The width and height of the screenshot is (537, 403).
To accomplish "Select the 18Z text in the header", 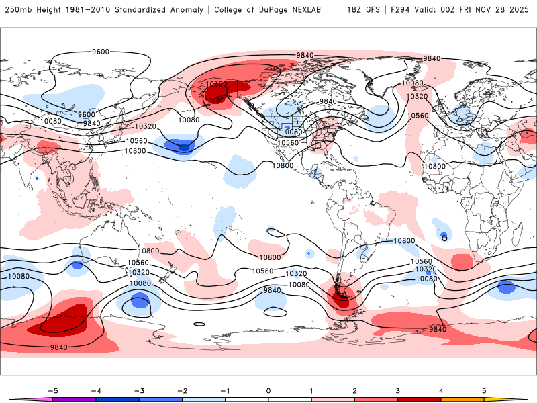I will (355, 10).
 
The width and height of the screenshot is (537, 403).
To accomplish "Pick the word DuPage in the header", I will (279, 10).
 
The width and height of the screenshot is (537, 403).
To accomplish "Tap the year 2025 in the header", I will (519, 10).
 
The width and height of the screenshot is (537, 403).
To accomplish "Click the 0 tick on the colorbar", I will (268, 390).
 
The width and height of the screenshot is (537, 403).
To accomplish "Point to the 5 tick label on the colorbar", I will (484, 390).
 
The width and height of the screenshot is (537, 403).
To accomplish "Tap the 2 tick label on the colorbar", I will (354, 390).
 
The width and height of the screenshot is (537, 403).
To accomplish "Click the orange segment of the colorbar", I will (462, 399).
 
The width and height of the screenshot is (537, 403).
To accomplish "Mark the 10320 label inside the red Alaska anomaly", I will (217, 84).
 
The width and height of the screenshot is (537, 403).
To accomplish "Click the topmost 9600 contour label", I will (101, 52).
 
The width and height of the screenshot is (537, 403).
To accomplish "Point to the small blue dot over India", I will (37, 178).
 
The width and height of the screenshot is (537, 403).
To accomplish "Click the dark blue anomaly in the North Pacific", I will (182, 144).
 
